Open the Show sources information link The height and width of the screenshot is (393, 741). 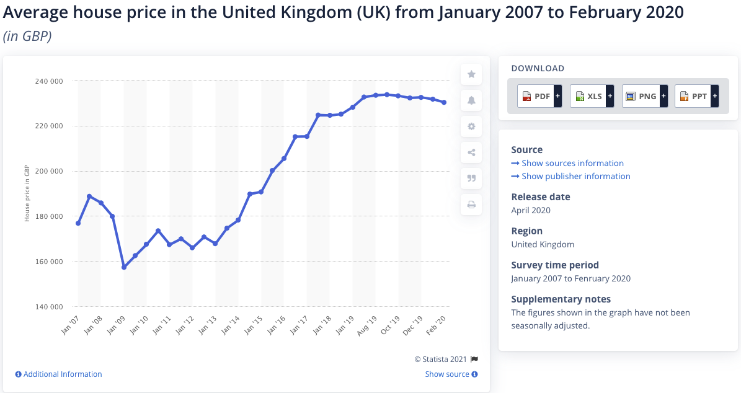point(572,163)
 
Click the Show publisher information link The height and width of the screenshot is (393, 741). point(575,176)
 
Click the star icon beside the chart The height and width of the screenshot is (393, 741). point(471,74)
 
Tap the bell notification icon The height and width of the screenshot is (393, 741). point(471,100)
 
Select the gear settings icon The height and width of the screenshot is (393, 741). point(471,126)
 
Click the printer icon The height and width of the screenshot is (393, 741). point(471,205)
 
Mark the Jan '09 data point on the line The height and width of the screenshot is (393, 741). point(124,267)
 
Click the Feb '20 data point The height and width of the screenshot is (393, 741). point(444,102)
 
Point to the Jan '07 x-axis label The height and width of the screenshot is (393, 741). point(70,325)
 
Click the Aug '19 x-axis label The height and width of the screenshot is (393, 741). point(368,325)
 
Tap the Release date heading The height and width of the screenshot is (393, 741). point(540,197)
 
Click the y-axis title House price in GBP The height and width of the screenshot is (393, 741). point(27,193)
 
